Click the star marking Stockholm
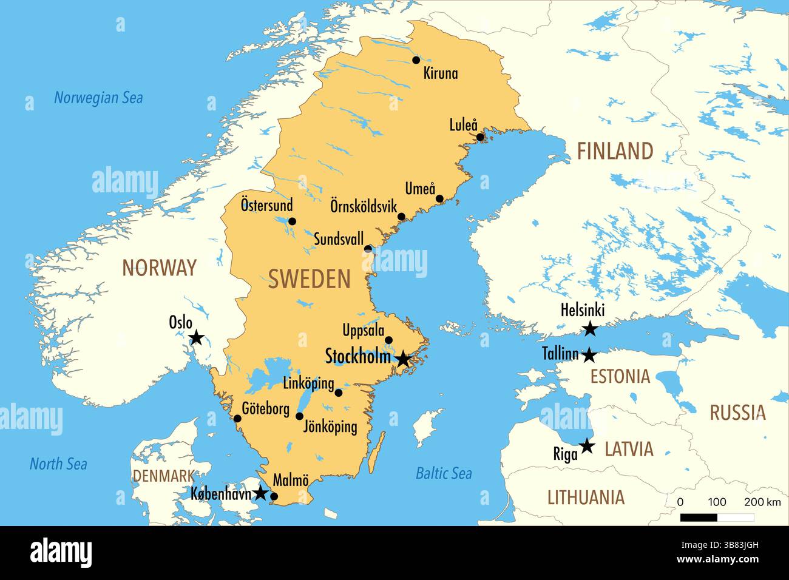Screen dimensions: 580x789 pyautogui.click(x=403, y=359)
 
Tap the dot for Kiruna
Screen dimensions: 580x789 pyautogui.click(x=416, y=60)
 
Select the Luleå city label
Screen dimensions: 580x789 pyautogui.click(x=463, y=125)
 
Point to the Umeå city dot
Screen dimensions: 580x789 pyautogui.click(x=440, y=198)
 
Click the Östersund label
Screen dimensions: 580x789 pyautogui.click(x=266, y=204)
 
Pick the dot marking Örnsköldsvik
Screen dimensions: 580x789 pyautogui.click(x=401, y=217)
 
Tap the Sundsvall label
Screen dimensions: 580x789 pyautogui.click(x=339, y=238)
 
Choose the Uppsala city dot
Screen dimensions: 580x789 pyautogui.click(x=389, y=340)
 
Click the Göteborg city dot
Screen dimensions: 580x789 pyautogui.click(x=237, y=419)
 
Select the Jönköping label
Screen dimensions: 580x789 pyautogui.click(x=330, y=427)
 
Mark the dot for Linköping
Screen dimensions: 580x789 pyautogui.click(x=339, y=393)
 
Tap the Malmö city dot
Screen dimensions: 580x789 pyautogui.click(x=274, y=497)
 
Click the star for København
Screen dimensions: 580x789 pyautogui.click(x=260, y=493)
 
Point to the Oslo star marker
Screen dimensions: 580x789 pyautogui.click(x=196, y=338)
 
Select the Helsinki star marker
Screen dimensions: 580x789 pyautogui.click(x=589, y=329)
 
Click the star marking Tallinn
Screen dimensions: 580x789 pyautogui.click(x=589, y=355)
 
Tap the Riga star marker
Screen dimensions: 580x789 pyautogui.click(x=586, y=447)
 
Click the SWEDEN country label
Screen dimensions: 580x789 pyautogui.click(x=310, y=279)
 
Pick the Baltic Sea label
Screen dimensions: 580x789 pyautogui.click(x=444, y=473)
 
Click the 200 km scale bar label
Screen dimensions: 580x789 pyautogui.click(x=762, y=502)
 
